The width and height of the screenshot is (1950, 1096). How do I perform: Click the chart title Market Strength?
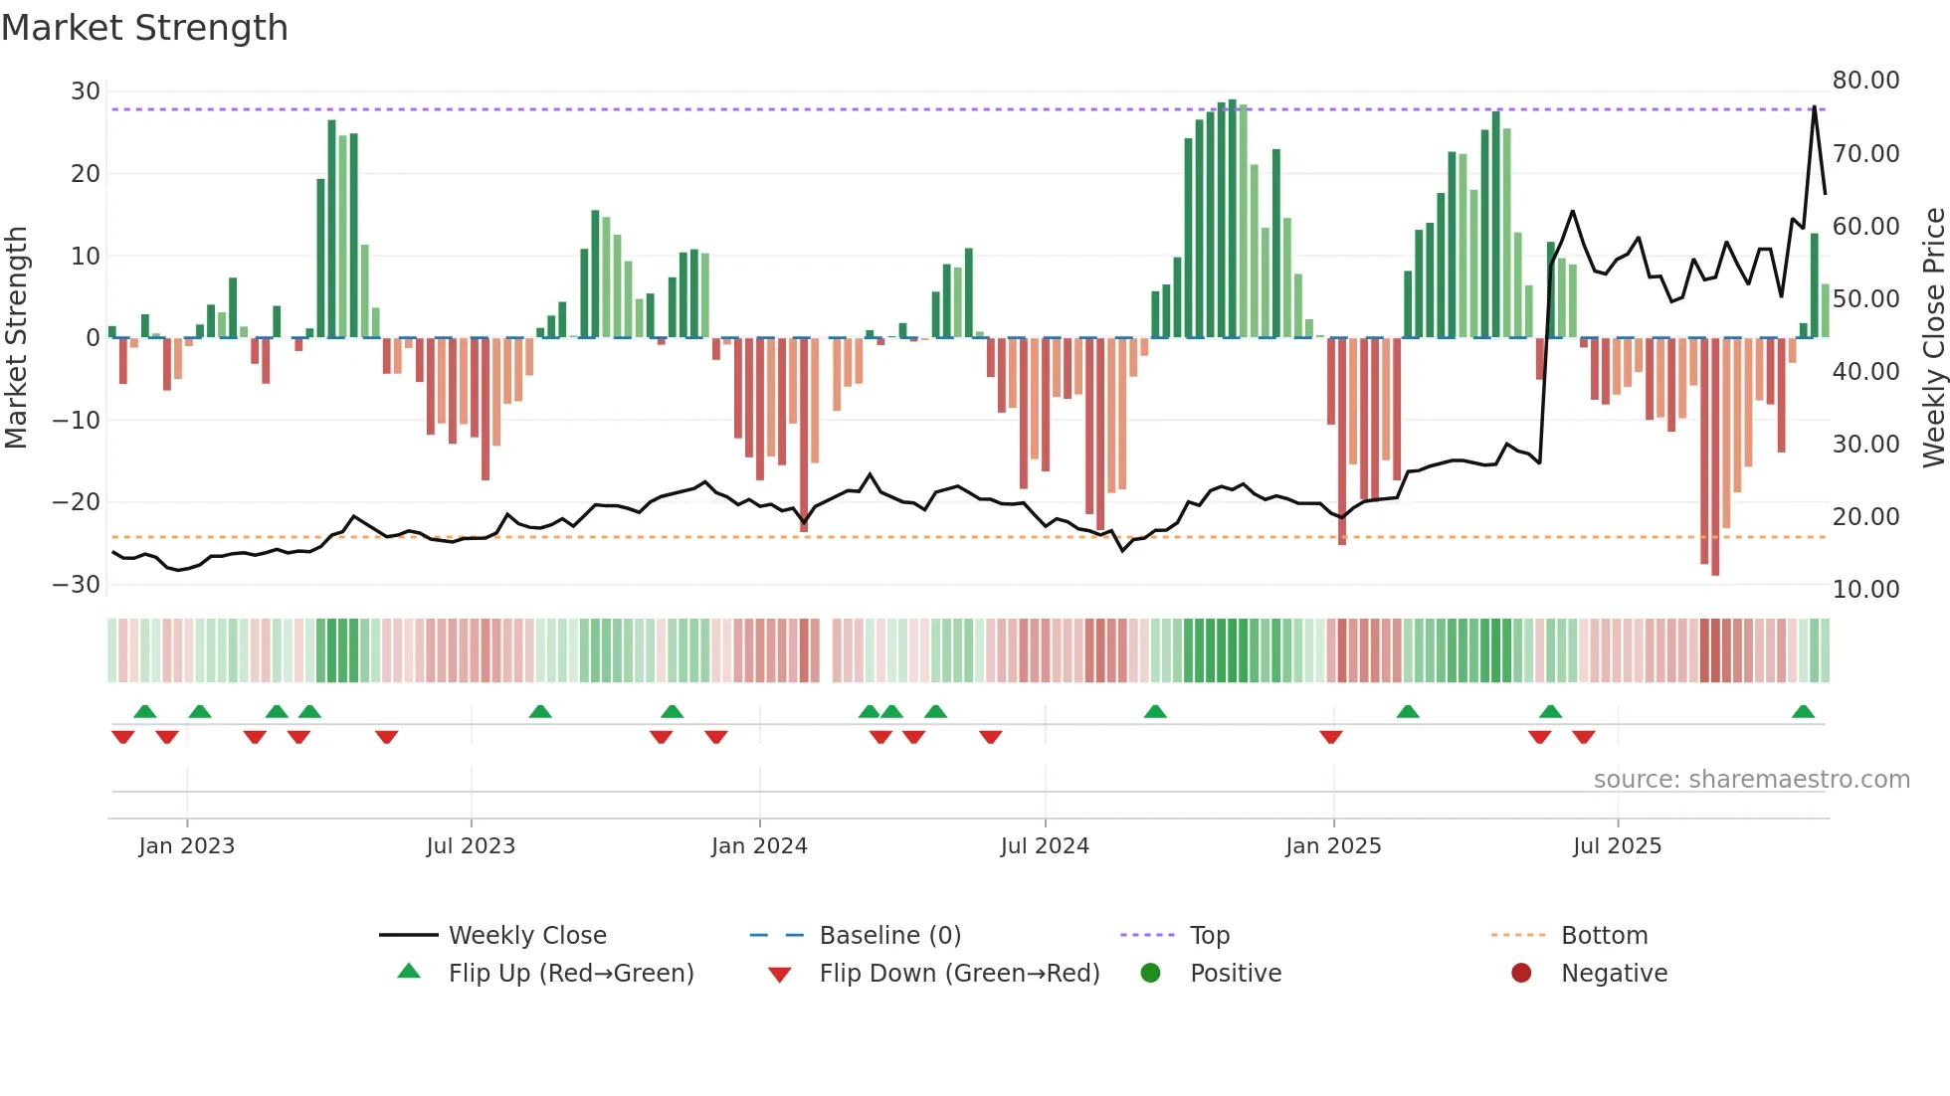click(144, 28)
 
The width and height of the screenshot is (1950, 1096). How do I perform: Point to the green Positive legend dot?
click(1151, 973)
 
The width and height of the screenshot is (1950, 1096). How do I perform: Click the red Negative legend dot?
click(1521, 973)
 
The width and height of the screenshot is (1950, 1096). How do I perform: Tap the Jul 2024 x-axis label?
click(1045, 846)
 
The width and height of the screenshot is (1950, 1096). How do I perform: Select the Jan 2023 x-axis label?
click(187, 846)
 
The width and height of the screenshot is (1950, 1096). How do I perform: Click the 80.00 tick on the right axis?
click(1865, 81)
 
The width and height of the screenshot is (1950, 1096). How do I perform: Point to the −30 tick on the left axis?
click(77, 585)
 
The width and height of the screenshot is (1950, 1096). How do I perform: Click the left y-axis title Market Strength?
click(17, 337)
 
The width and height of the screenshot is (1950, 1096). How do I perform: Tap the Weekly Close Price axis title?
click(1933, 337)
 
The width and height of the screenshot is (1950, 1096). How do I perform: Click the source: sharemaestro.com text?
click(1751, 780)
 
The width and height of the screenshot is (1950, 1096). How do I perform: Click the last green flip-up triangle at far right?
click(1803, 712)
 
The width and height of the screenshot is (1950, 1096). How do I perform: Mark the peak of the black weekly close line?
click(1815, 106)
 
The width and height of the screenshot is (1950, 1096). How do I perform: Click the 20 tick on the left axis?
click(86, 174)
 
